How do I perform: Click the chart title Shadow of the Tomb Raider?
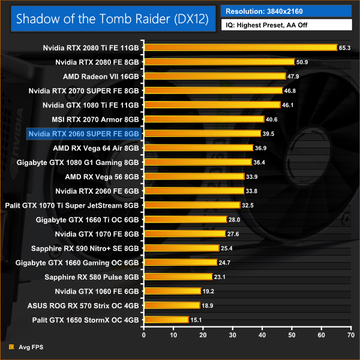tap(112, 19)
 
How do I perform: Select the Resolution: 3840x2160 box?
tap(286, 11)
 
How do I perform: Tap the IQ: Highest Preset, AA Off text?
tap(286, 25)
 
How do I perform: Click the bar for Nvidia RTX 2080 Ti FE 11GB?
tap(240, 47)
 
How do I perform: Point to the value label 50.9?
tap(302, 62)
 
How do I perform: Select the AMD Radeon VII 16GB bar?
tap(214, 76)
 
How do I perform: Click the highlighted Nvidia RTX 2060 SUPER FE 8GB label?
tap(83, 134)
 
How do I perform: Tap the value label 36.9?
tap(260, 148)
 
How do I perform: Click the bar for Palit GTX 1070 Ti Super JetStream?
tap(191, 205)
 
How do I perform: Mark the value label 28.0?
tap(234, 220)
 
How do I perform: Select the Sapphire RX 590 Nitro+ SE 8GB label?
tap(85, 248)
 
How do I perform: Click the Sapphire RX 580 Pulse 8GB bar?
tap(178, 277)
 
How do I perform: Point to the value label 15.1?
tap(196, 320)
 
